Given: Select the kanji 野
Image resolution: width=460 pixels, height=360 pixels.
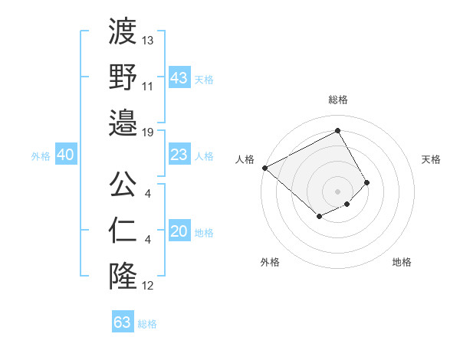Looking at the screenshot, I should pyautogui.click(x=123, y=77).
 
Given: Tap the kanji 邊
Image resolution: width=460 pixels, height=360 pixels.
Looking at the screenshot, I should pyautogui.click(x=123, y=123).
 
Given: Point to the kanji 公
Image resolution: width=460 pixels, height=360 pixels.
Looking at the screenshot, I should pyautogui.click(x=123, y=184).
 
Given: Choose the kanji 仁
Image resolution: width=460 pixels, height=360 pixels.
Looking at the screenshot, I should pyautogui.click(x=123, y=230).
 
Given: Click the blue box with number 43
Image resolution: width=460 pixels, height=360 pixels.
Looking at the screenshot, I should pyautogui.click(x=179, y=77).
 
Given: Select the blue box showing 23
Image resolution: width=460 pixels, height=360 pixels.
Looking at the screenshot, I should pyautogui.click(x=179, y=155).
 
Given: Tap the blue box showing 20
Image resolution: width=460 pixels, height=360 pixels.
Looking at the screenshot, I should pyautogui.click(x=179, y=232).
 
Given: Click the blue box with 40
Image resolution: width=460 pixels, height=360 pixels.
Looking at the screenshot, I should pyautogui.click(x=65, y=155).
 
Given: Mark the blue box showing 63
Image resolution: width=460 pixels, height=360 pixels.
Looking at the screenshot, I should pyautogui.click(x=122, y=322).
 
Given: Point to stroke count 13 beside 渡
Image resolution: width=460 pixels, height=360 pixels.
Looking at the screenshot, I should pyautogui.click(x=148, y=40).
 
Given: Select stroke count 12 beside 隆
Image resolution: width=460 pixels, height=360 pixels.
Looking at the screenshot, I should pyautogui.click(x=148, y=286).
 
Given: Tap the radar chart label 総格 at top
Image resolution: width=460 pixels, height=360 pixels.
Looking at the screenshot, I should pyautogui.click(x=338, y=100).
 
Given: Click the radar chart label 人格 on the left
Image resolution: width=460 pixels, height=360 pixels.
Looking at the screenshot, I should pyautogui.click(x=245, y=159).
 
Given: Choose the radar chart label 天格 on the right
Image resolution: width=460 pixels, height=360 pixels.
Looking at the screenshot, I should pyautogui.click(x=431, y=159).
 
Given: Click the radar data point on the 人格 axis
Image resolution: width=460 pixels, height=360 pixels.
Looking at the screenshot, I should pyautogui.click(x=264, y=168).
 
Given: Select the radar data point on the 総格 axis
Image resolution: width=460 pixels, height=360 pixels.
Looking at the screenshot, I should pyautogui.click(x=338, y=131).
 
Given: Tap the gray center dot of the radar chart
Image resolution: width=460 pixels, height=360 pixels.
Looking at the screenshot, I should pyautogui.click(x=338, y=191).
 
